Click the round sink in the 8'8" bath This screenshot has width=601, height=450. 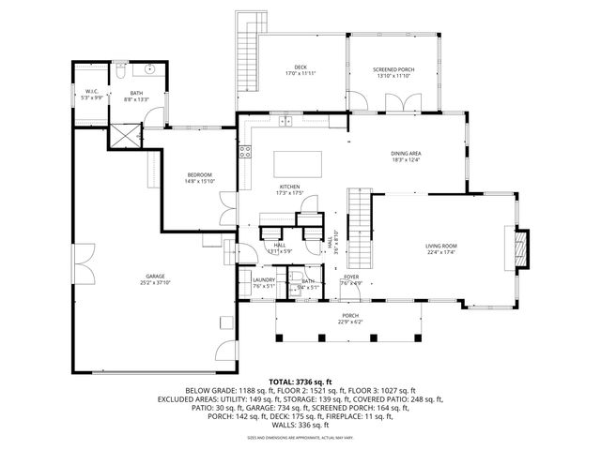coord(148,70)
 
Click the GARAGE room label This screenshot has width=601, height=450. coord(129,276)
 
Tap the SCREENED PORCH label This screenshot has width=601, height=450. coord(393,70)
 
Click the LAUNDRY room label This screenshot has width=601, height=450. coord(262,280)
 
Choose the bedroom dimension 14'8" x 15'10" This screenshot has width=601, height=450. coord(198,182)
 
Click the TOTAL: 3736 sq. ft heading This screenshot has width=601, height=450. coord(300,382)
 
